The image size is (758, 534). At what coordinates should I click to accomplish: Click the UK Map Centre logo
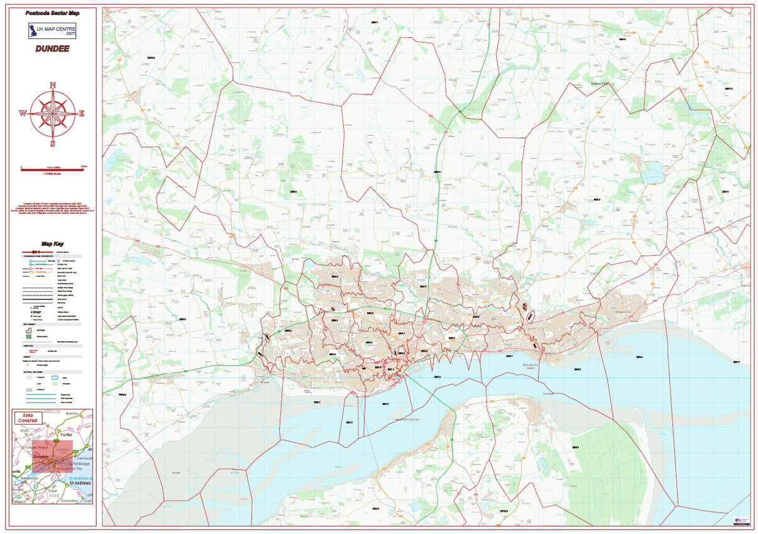[x=52, y=30]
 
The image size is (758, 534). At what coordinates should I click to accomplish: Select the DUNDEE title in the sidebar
[x=52, y=48]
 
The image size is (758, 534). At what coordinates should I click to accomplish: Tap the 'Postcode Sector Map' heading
[x=52, y=13]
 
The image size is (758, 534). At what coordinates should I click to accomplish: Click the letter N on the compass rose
[x=52, y=86]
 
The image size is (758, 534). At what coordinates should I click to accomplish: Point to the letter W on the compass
[x=23, y=114]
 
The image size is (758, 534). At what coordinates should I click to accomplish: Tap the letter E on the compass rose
[x=82, y=114]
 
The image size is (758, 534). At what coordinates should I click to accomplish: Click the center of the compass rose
[x=52, y=114]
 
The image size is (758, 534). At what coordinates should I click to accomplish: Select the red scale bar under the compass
[x=52, y=169]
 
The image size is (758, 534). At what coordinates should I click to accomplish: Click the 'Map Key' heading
[x=52, y=244]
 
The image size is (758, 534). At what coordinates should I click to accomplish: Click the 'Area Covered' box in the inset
[x=27, y=418]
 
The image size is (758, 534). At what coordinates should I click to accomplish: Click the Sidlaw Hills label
[x=600, y=84]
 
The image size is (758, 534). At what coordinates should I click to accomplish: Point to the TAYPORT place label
[x=549, y=394]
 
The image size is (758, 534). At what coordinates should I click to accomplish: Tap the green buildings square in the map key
[x=29, y=337]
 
